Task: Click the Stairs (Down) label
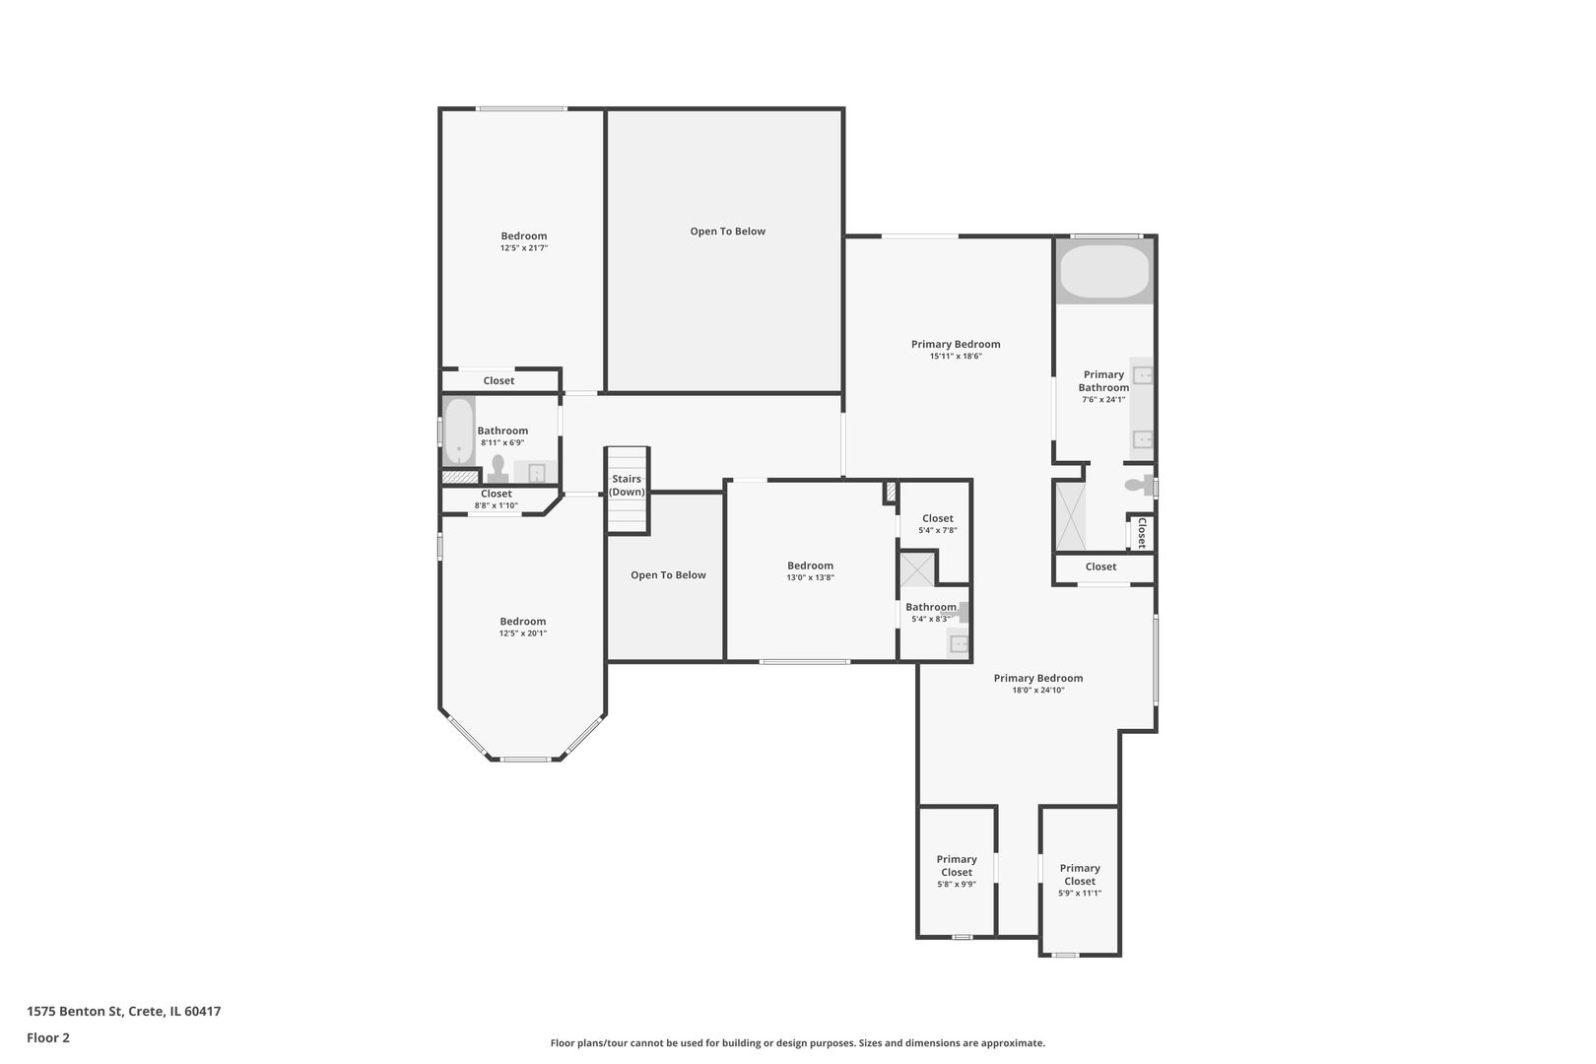[627, 486]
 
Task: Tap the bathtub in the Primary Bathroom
[1103, 272]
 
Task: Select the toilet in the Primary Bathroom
[1138, 486]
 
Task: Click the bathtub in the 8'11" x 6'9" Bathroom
[458, 431]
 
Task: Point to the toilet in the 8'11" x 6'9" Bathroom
[498, 466]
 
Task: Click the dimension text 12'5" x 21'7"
[523, 248]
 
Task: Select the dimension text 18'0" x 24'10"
[1037, 691]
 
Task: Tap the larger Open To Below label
[727, 232]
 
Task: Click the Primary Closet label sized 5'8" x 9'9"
[956, 865]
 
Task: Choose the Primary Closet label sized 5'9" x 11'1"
[1079, 875]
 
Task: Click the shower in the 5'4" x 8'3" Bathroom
[918, 570]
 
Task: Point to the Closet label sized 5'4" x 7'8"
[937, 518]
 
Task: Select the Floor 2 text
[48, 1037]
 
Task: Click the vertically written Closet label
[1141, 533]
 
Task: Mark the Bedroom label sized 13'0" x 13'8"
[810, 565]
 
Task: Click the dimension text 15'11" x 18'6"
[955, 357]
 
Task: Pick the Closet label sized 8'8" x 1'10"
[496, 494]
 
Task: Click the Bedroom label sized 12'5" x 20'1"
[522, 622]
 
